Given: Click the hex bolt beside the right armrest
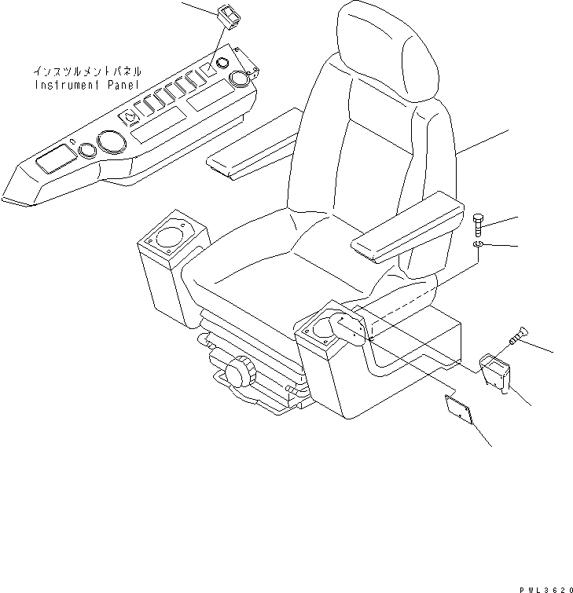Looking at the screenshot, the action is [480, 226].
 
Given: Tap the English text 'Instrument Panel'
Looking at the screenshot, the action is [86, 83].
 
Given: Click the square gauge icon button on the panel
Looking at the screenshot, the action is [130, 117].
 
